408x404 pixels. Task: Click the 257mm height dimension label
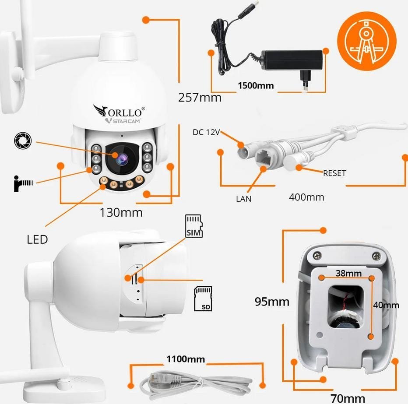pos(200,97)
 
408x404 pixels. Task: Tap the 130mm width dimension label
pos(121,213)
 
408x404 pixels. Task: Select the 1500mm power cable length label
pos(256,85)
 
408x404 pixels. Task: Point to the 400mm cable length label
pos(306,197)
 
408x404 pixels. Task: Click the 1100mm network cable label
pos(186,359)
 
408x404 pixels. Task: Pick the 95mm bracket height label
pos(272,302)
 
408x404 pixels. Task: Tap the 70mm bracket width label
pos(348,398)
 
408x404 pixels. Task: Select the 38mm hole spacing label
pos(349,273)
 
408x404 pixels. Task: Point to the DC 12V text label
pos(206,132)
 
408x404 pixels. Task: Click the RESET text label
pos(334,173)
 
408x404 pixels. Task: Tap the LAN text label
pos(244,198)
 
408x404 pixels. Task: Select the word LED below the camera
pos(37,239)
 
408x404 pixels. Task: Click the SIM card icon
pos(194,226)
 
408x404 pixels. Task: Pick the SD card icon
pos(203,299)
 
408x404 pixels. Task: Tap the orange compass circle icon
pos(367,41)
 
